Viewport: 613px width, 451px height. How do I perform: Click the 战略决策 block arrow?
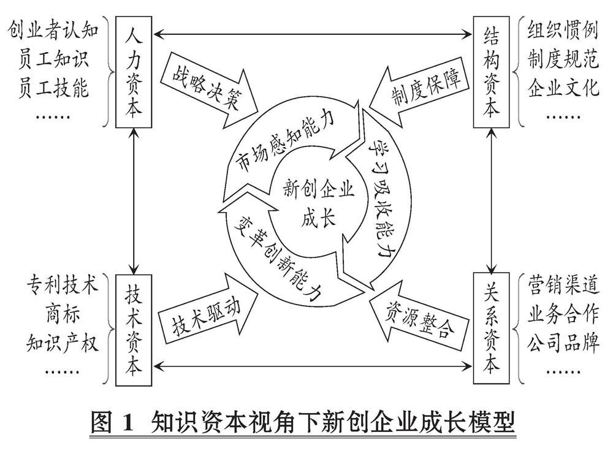(208, 89)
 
